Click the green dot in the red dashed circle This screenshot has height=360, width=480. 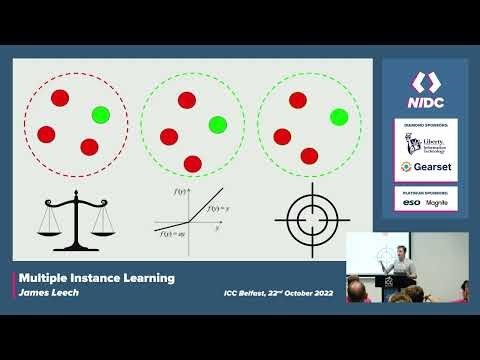[x=99, y=115]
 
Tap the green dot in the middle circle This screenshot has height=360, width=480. [x=217, y=124]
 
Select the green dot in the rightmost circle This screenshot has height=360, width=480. [x=338, y=117]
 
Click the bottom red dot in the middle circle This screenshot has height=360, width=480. [x=192, y=163]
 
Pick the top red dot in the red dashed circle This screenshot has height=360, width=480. [x=59, y=98]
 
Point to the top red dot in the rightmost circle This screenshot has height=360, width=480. [x=297, y=100]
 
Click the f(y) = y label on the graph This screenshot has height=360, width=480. [x=219, y=208]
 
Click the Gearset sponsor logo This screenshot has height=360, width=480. [x=426, y=167]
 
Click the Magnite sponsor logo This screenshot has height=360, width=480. [x=437, y=203]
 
